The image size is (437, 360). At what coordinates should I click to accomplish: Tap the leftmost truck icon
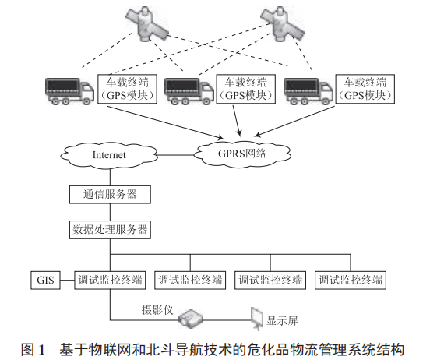[70, 90]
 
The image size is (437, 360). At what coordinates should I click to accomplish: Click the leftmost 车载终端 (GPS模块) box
[129, 88]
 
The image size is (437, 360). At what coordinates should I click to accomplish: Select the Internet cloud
[108, 155]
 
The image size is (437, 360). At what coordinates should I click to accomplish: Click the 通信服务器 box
[109, 193]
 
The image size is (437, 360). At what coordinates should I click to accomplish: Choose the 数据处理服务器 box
[109, 229]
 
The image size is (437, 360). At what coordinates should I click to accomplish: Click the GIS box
[44, 279]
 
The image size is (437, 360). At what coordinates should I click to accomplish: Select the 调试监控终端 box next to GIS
[109, 279]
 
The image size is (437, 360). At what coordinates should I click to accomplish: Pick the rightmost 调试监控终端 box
[351, 279]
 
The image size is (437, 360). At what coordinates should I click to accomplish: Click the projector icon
[190, 318]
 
